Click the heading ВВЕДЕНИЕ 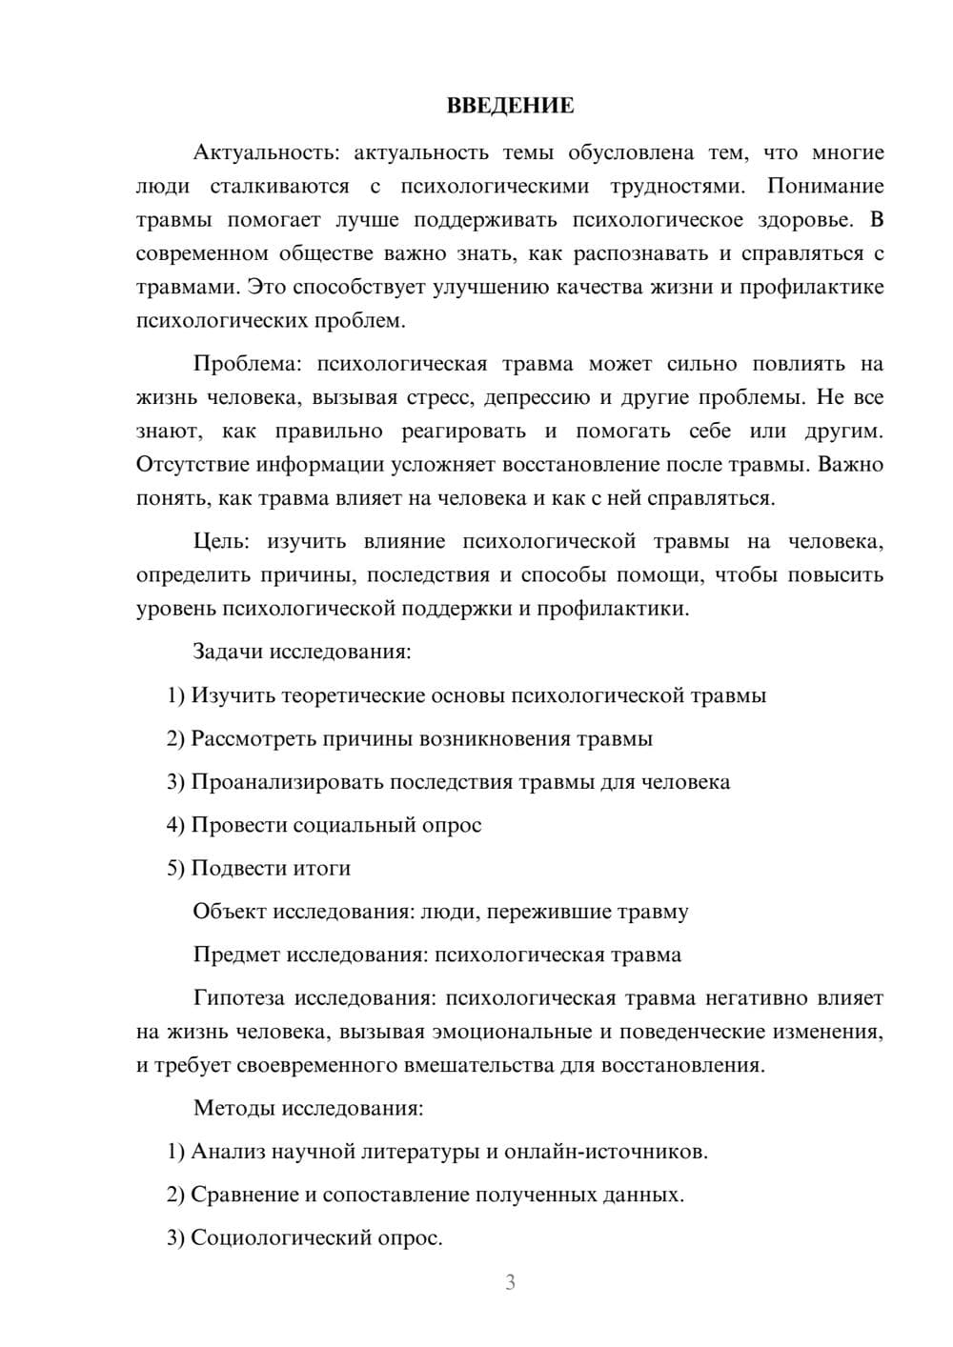click(x=510, y=106)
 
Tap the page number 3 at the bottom click(x=511, y=1282)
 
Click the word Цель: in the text click(x=221, y=542)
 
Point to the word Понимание click(x=825, y=186)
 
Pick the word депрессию click(x=537, y=397)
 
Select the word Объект click(x=230, y=912)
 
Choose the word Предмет click(x=236, y=955)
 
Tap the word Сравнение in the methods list click(x=245, y=1195)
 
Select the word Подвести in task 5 click(x=233, y=869)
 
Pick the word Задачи click(x=228, y=653)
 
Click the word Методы click(x=230, y=1108)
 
